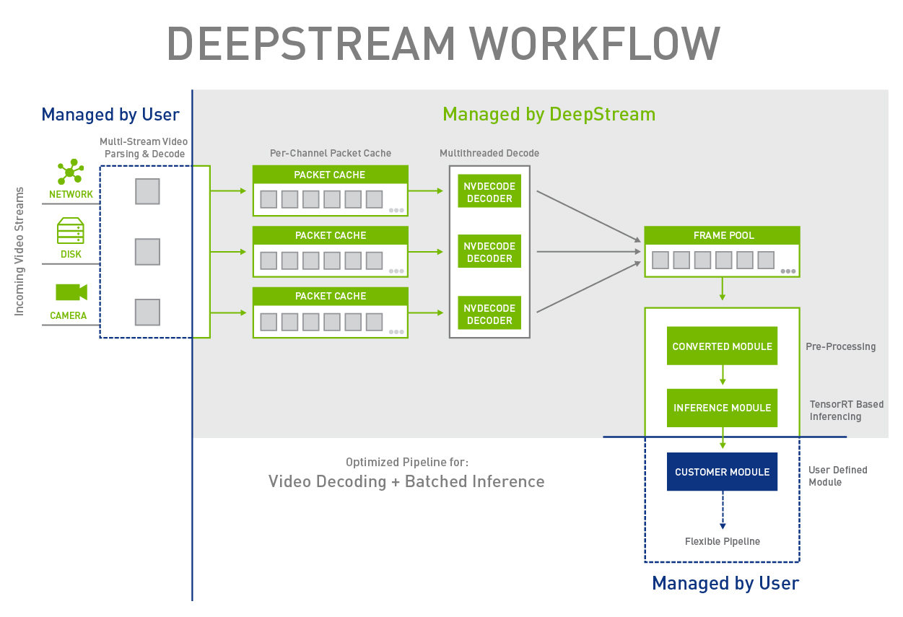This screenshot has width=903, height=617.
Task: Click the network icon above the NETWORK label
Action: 70,172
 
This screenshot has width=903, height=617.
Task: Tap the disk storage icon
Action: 71,231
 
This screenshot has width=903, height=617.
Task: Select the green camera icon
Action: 71,292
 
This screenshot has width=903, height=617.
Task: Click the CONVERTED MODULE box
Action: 722,346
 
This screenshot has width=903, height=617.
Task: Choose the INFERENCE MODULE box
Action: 722,408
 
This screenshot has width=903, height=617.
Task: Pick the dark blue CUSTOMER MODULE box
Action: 722,472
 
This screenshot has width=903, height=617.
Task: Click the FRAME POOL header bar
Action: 722,235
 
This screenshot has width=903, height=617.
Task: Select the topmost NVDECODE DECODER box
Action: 489,192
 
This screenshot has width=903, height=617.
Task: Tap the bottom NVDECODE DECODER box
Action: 489,314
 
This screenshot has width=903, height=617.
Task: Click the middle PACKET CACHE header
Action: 330,235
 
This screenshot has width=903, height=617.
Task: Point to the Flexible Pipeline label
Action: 722,541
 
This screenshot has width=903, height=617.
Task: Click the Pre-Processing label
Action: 840,346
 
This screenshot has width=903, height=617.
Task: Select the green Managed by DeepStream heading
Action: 549,114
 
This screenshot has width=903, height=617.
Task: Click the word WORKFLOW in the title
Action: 593,44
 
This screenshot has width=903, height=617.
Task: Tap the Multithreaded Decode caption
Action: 489,153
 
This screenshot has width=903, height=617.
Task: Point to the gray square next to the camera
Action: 147,312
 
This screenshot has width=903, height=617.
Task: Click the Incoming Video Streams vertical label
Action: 19,251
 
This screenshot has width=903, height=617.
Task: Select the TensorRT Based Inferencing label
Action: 846,410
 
